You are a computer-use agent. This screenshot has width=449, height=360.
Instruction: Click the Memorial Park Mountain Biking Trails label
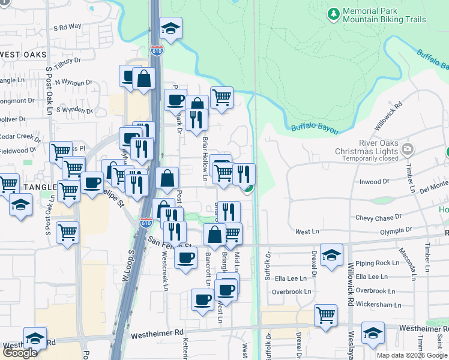384,16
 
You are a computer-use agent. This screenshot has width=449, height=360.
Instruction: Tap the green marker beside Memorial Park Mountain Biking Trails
333,13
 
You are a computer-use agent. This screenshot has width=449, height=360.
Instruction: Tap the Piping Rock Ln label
377,263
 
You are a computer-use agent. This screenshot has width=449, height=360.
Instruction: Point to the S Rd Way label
67,27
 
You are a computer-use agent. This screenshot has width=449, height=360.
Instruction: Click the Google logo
20,353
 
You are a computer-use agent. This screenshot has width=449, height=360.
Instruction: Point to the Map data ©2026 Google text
411,355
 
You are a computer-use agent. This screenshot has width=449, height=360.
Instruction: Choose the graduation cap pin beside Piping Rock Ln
331,254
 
